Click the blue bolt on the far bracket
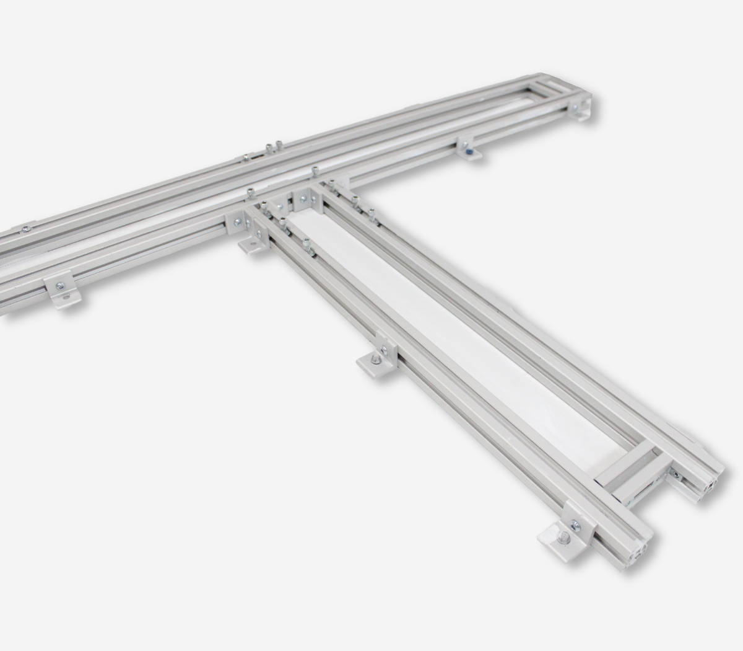(x=471, y=150)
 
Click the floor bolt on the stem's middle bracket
(x=375, y=359)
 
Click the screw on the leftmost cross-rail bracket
(x=59, y=286)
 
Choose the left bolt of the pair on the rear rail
(x=269, y=148)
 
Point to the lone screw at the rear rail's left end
(x=25, y=228)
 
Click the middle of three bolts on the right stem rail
(x=355, y=200)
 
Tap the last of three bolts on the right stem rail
(x=371, y=213)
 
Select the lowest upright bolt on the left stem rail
(x=306, y=243)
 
